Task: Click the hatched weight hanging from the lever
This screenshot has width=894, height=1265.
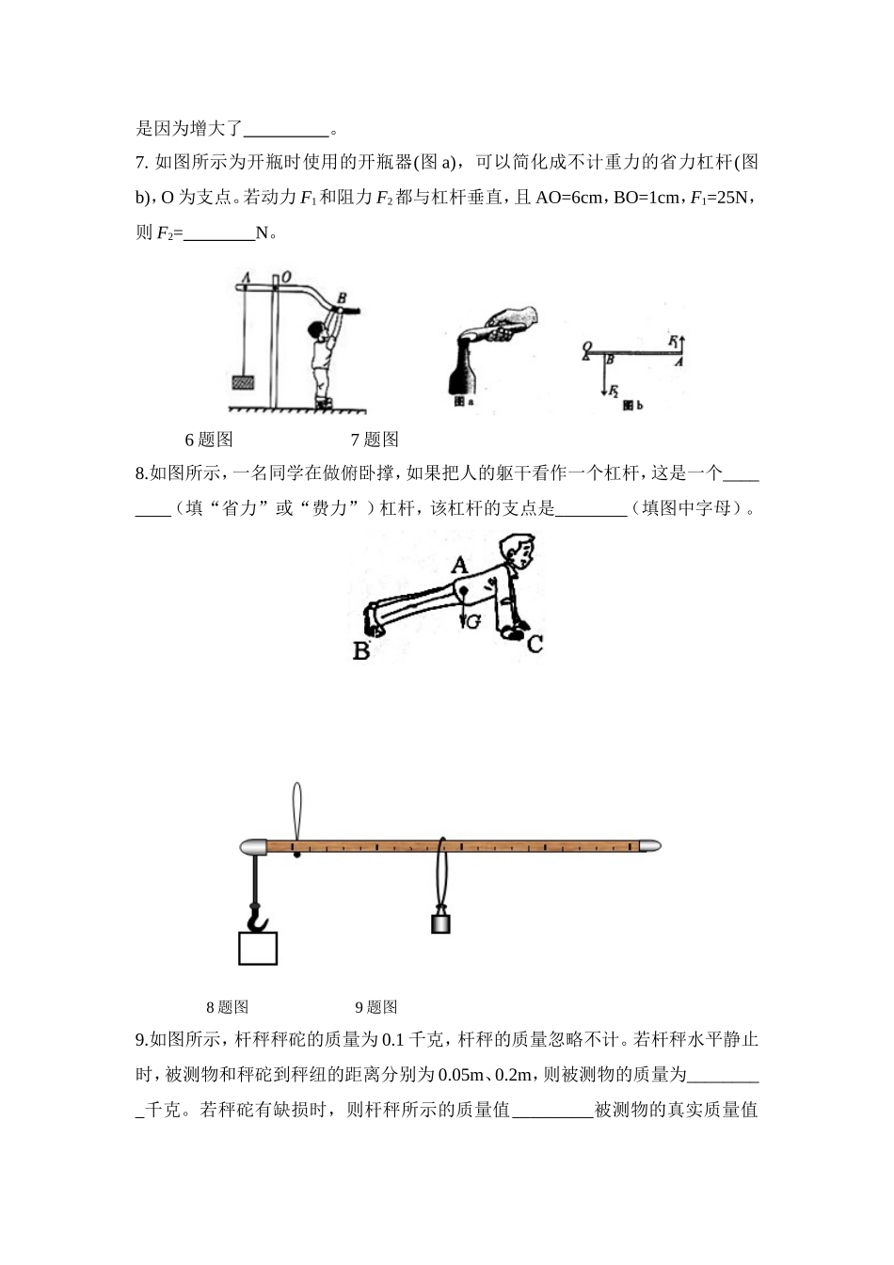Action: (244, 382)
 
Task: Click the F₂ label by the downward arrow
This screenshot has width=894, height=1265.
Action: (613, 390)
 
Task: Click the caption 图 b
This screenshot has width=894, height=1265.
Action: (633, 404)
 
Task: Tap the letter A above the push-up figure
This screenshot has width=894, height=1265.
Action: (459, 565)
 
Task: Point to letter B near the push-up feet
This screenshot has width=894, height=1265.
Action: (361, 649)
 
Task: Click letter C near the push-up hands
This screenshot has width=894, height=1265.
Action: (535, 644)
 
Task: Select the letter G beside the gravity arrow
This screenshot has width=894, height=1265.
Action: (473, 621)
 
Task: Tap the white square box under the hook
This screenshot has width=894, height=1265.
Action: (258, 948)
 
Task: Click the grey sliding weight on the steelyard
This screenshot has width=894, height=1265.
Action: (440, 921)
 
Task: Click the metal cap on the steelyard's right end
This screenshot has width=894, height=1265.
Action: (650, 847)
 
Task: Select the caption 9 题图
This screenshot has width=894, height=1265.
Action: (375, 1007)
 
